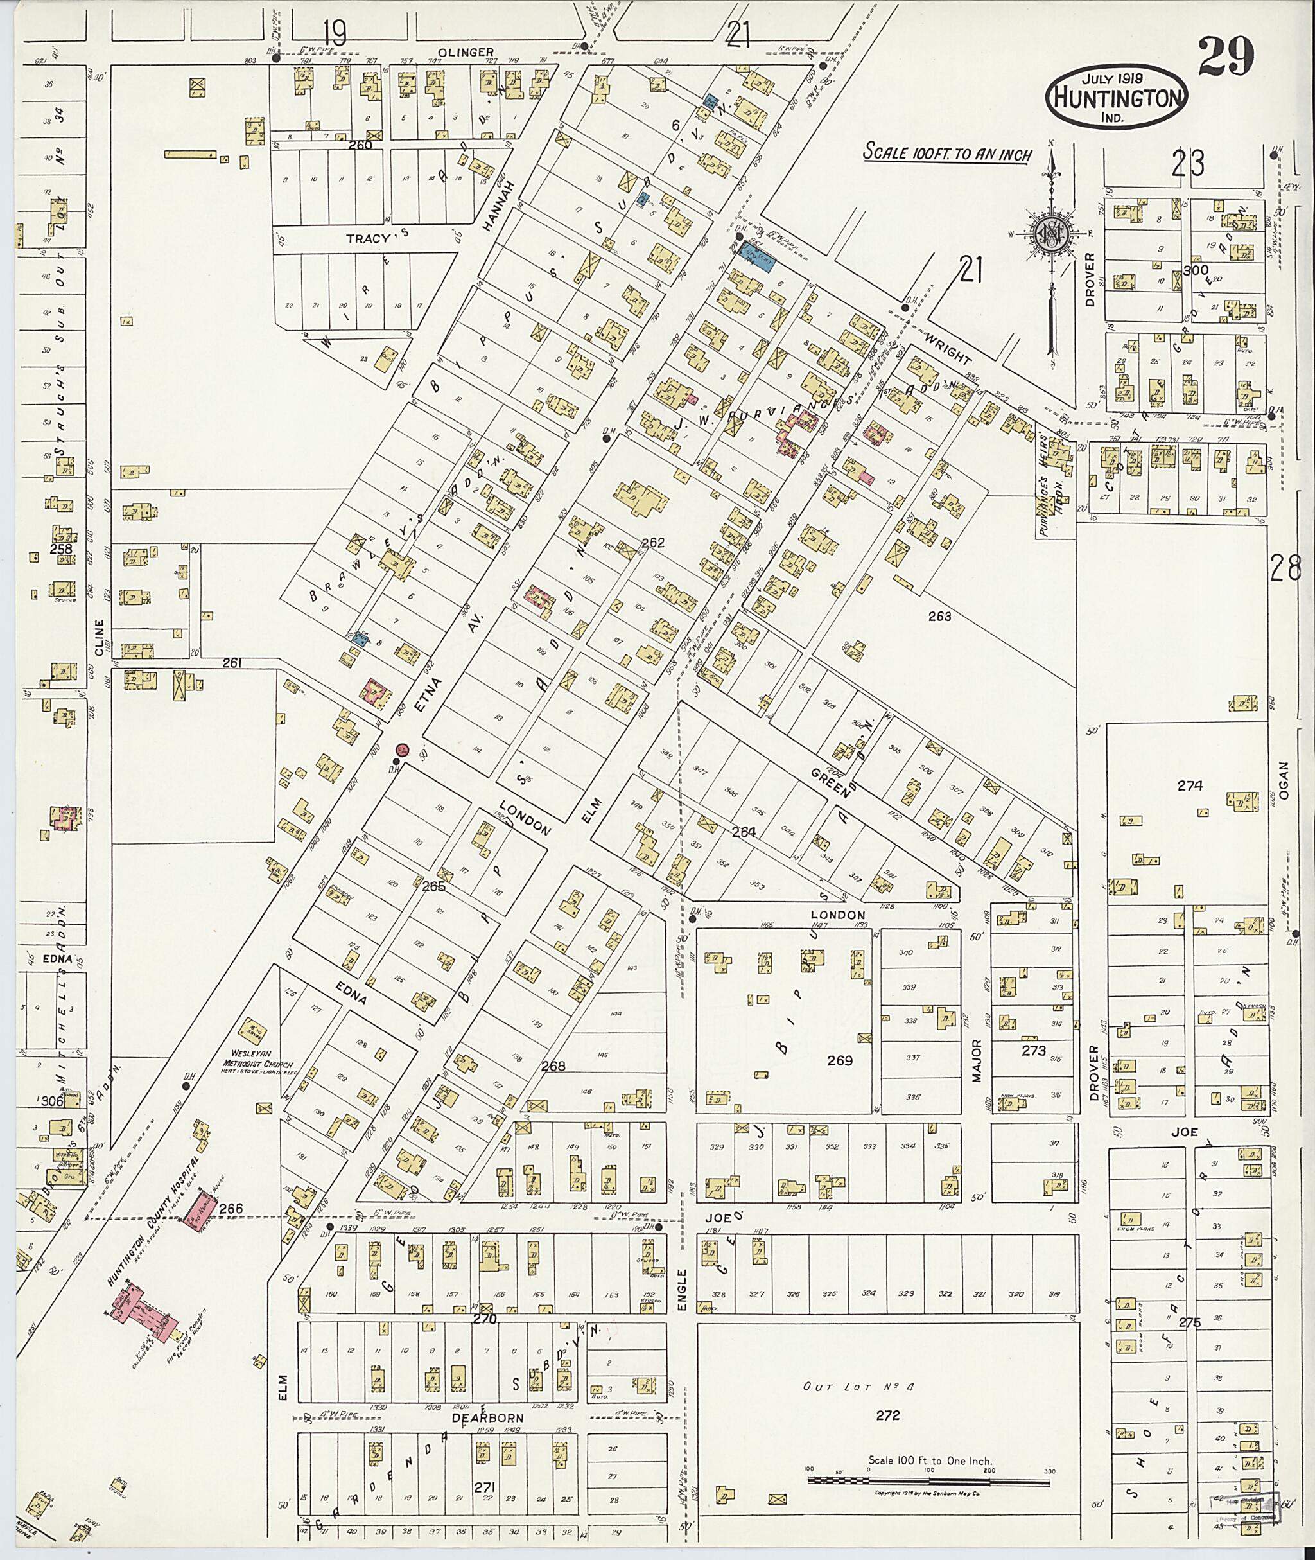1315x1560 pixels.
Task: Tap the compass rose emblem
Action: (x=1051, y=234)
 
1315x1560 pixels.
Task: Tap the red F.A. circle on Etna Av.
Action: (x=401, y=749)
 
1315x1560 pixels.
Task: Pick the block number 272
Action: (x=888, y=1415)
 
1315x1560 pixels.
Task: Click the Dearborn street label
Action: (x=495, y=1417)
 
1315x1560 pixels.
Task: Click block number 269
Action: (x=840, y=1060)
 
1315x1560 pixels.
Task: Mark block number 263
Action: (x=940, y=616)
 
